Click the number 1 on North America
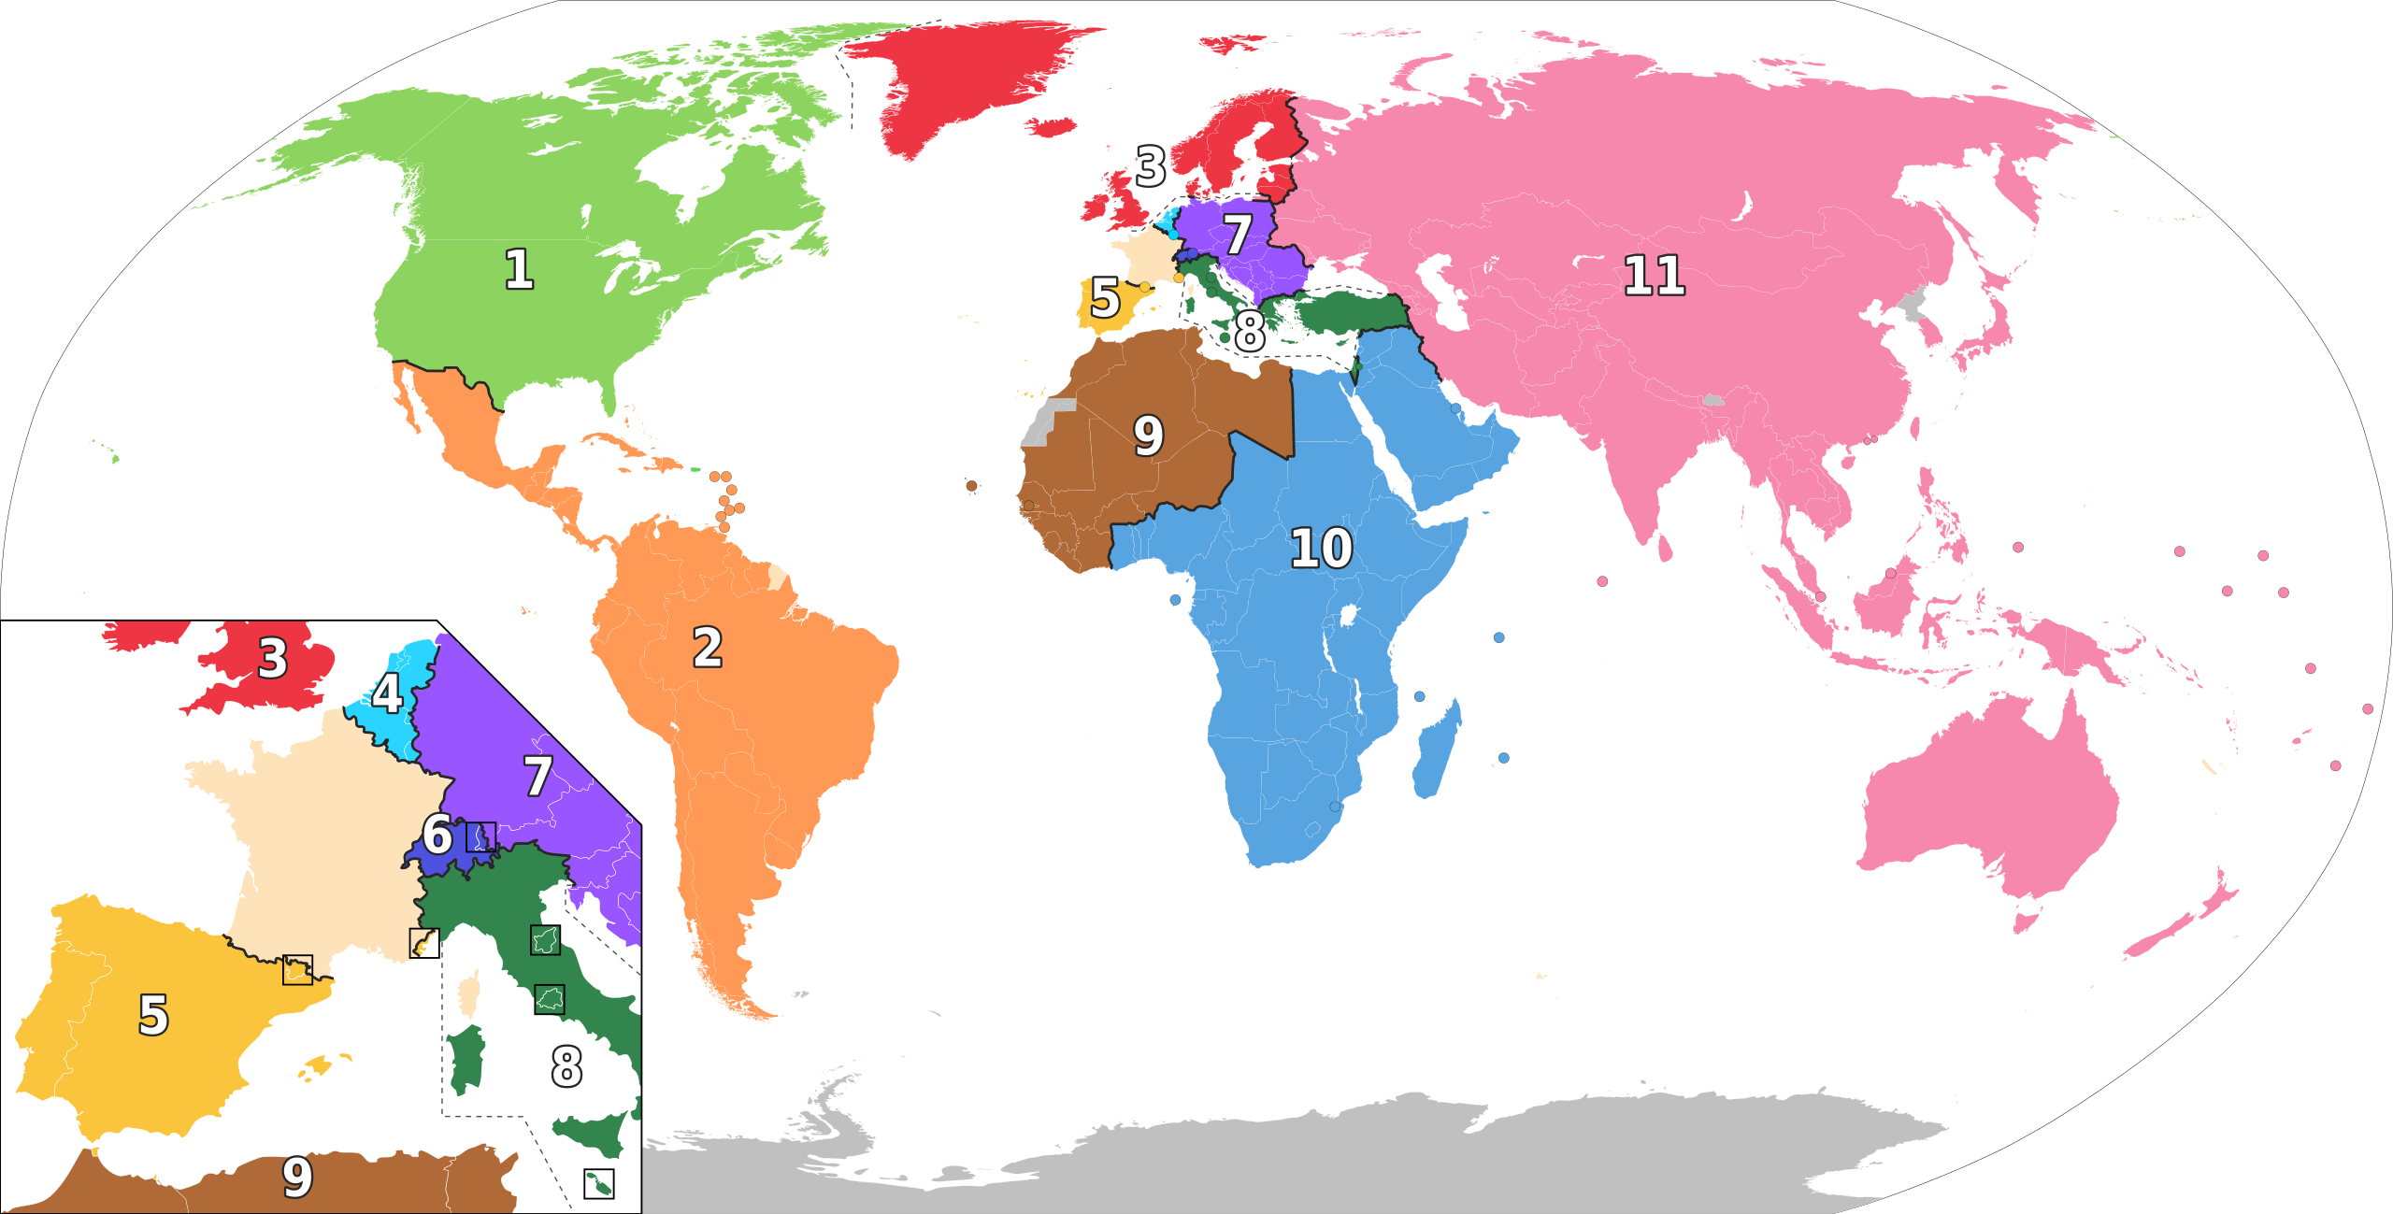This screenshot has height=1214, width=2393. click(519, 269)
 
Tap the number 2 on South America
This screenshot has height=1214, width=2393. click(708, 648)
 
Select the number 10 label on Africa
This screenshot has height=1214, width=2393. click(1321, 548)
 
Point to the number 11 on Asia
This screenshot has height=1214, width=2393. click(1654, 276)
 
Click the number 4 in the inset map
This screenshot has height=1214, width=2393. click(387, 693)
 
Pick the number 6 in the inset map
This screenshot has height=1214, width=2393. click(437, 834)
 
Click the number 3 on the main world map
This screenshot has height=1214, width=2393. click(1151, 166)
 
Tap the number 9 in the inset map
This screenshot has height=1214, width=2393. click(297, 1177)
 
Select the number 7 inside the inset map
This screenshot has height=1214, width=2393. click(537, 776)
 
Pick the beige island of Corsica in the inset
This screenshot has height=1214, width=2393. click(469, 993)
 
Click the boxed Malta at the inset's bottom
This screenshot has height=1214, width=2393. click(598, 1184)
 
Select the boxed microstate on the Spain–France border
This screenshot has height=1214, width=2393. click(297, 970)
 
